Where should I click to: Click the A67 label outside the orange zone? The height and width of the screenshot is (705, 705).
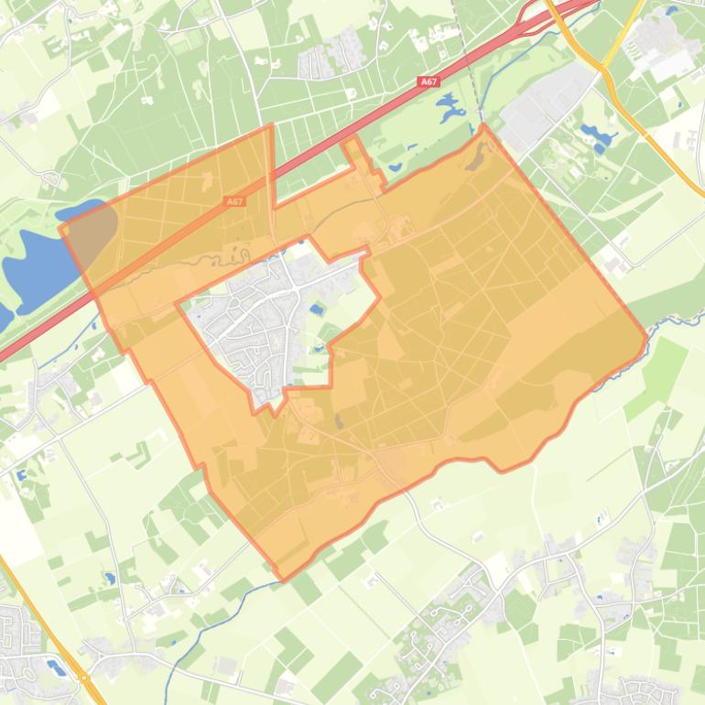click(428, 82)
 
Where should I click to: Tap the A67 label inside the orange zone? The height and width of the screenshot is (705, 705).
click(234, 201)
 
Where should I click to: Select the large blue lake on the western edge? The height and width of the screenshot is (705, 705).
click(37, 261)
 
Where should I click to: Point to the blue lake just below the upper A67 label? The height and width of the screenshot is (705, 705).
click(450, 111)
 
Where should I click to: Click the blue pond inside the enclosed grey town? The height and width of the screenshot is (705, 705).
click(317, 309)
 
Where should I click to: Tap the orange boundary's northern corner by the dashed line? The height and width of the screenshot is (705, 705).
click(483, 125)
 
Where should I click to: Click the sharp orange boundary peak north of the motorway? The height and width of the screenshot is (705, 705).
click(272, 125)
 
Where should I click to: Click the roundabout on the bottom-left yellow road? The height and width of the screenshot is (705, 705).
click(84, 678)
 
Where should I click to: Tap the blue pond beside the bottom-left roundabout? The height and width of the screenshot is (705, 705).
click(57, 667)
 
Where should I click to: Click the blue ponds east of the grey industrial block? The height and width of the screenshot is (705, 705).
click(596, 137)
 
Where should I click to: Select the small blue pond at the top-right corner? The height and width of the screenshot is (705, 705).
click(673, 11)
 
